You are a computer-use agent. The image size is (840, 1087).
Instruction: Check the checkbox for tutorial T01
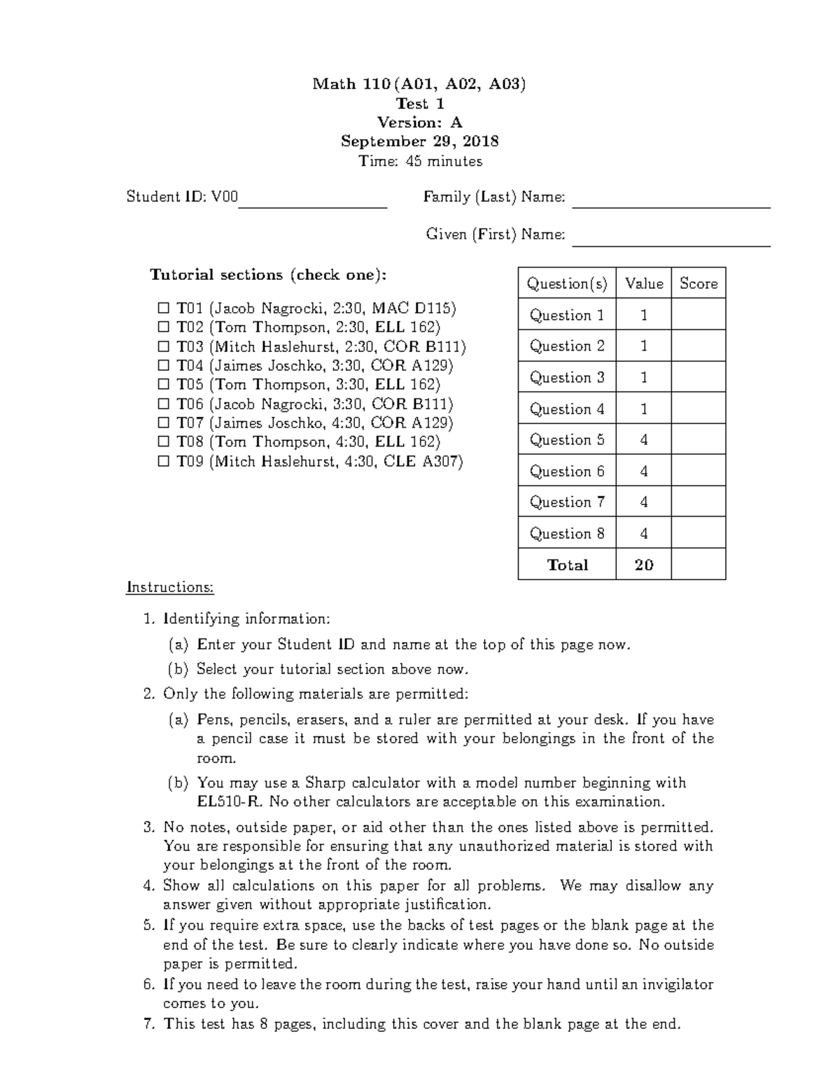[x=163, y=308]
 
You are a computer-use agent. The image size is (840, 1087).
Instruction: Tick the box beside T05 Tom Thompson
[x=163, y=384]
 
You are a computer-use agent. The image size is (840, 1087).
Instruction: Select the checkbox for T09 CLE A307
[x=163, y=461]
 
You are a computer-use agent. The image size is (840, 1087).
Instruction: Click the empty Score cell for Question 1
[x=698, y=315]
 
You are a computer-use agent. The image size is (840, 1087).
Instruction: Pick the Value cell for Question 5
[x=643, y=440]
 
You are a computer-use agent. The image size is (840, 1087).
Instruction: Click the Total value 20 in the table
[x=643, y=565]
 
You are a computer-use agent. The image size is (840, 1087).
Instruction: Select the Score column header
[x=698, y=283]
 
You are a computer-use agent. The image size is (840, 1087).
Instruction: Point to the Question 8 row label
[x=566, y=533]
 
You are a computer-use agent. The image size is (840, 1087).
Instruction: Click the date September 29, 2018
[x=419, y=141]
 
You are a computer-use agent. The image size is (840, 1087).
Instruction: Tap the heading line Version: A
[x=419, y=122]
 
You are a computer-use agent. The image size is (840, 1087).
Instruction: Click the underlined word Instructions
[x=169, y=587]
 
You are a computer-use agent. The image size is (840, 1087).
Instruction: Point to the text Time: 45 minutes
[x=420, y=161]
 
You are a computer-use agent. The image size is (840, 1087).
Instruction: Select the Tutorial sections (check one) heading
[x=267, y=274]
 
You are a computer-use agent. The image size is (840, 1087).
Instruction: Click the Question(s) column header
[x=566, y=283]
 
